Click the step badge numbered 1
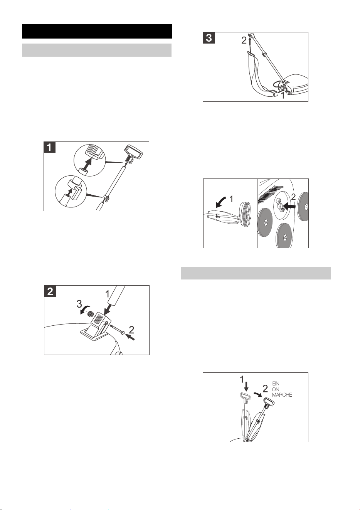[x=50, y=147]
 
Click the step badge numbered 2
[x=50, y=291]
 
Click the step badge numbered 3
[x=209, y=38]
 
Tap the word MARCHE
[x=282, y=395]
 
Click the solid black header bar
[x=97, y=31]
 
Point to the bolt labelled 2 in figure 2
[x=117, y=330]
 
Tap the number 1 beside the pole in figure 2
[x=108, y=295]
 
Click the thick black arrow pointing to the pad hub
[x=289, y=206]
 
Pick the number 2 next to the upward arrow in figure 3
[x=244, y=40]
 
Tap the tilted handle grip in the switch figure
[x=269, y=402]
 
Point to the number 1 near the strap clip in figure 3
[x=283, y=96]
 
